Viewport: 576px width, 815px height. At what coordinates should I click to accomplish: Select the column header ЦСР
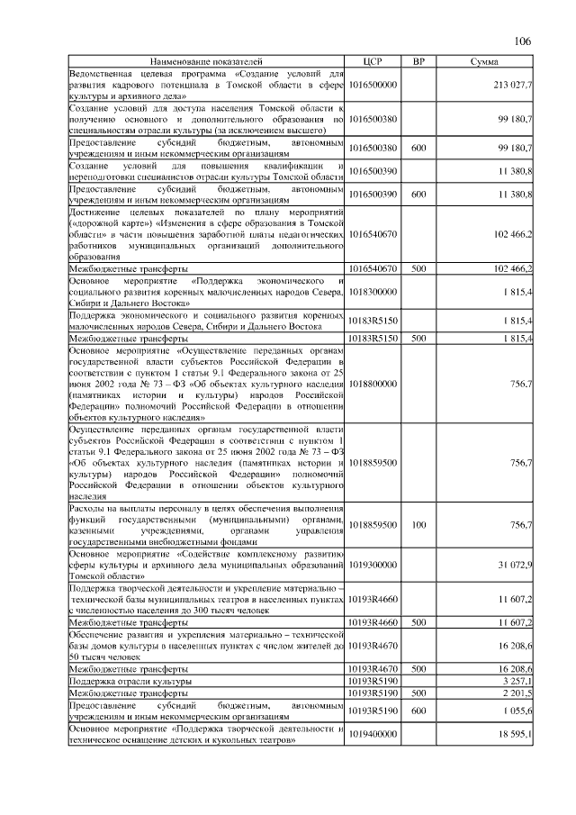pos(373,61)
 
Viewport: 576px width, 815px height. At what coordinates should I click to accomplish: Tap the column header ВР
pos(418,61)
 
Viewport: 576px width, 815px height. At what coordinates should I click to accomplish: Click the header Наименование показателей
pos(208,61)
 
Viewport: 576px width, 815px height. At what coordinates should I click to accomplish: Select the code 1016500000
pos(373,84)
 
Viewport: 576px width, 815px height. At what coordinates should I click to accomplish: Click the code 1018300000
pos(373,293)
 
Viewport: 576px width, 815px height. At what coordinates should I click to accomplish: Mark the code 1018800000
pos(373,384)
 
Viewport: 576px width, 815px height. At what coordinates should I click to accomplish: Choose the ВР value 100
pos(418,524)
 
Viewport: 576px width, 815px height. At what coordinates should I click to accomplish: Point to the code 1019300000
pos(373,565)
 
